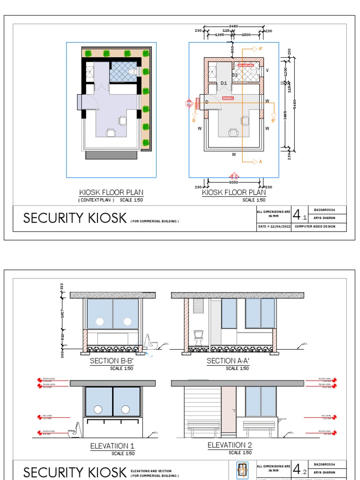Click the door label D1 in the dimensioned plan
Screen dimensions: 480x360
click(x=224, y=83)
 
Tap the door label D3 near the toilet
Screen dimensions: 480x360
click(x=234, y=75)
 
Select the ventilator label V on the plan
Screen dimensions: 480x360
click(x=267, y=71)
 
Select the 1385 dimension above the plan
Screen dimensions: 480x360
click(x=219, y=35)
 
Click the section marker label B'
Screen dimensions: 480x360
click(x=274, y=120)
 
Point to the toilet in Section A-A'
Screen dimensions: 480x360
click(x=198, y=337)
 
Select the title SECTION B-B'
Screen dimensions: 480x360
click(x=112, y=361)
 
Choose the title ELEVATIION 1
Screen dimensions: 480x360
click(x=112, y=446)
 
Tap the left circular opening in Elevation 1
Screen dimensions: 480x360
click(x=98, y=409)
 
